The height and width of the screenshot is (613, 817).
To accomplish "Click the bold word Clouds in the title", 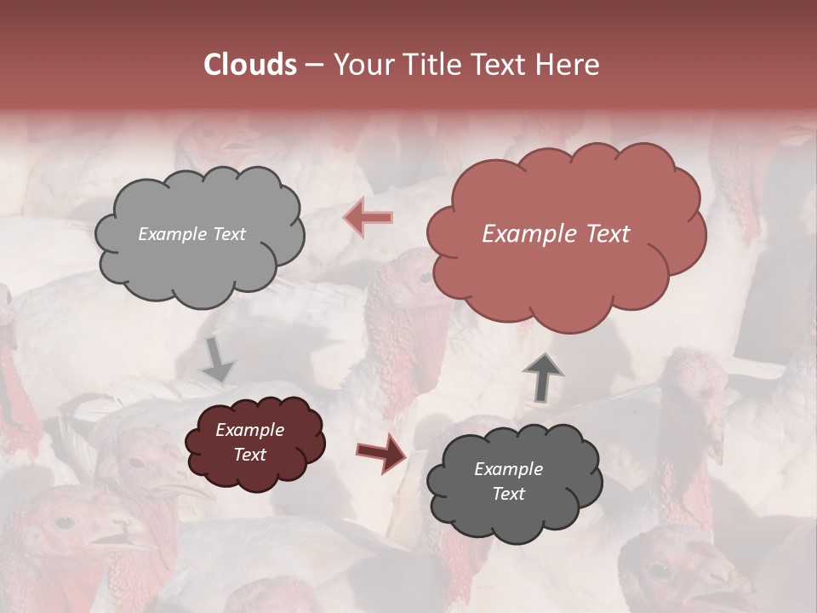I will point(250,65).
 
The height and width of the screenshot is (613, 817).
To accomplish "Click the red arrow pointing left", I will point(369,218).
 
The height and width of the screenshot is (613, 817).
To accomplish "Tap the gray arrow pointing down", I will point(218,358).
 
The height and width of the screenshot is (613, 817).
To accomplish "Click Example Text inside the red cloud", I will point(556,234).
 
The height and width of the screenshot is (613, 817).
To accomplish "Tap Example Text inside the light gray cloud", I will point(191,234).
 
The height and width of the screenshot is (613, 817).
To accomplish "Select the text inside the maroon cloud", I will point(249,443).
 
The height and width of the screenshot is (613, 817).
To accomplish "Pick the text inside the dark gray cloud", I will point(508,481).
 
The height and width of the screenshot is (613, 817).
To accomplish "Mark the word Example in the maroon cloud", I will point(249,431).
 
